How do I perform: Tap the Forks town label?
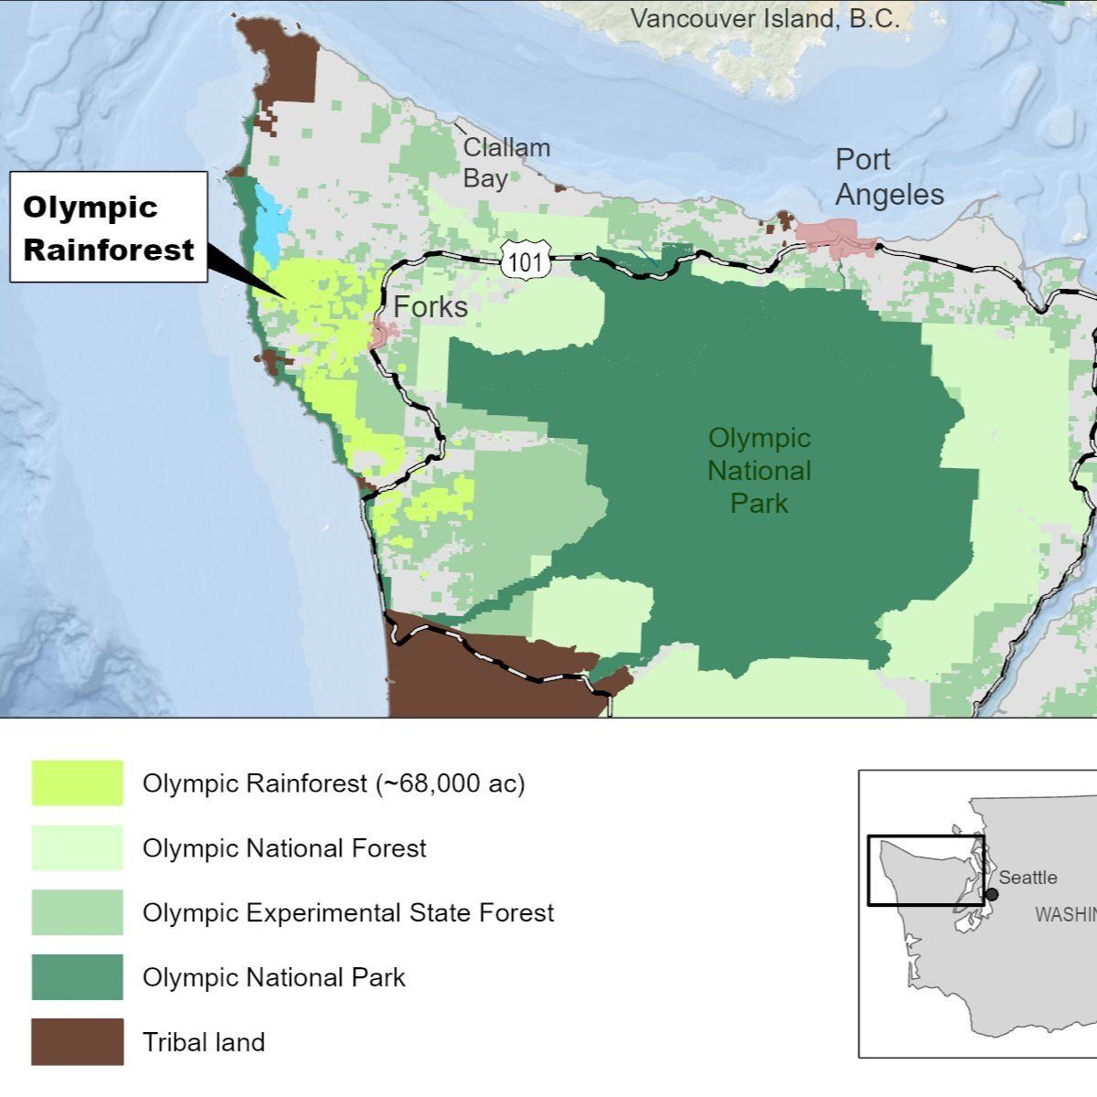pos(430,307)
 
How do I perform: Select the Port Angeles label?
pos(889,177)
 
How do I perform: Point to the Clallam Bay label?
pos(506,163)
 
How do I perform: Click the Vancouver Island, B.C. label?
pos(764,19)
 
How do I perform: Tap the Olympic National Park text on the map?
pos(759,471)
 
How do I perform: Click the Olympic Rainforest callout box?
pos(108,227)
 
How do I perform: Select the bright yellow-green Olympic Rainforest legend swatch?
pos(77,783)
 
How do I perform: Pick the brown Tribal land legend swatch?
pos(77,1042)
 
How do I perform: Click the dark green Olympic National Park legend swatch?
pos(77,977)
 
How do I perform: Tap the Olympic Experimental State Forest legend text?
pos(347,913)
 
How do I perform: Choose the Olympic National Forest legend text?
pos(283,848)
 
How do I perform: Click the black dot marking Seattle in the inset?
pos(992,893)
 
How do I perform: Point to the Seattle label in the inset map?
pos(1028,878)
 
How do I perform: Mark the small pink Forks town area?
pos(378,335)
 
